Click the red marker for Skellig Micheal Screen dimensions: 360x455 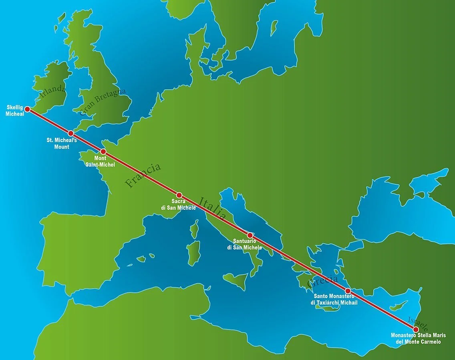(x=27, y=109)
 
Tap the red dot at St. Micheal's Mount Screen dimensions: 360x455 (x=70, y=133)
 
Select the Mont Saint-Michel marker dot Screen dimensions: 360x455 (x=103, y=152)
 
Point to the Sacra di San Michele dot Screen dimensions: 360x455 (x=179, y=195)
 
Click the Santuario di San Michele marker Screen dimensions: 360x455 (x=250, y=235)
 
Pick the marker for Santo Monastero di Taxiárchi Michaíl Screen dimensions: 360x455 (x=348, y=291)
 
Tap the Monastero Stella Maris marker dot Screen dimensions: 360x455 (x=416, y=329)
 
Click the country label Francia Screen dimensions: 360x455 (x=143, y=175)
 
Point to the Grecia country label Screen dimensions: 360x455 (x=323, y=281)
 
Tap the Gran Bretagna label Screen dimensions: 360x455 (x=103, y=102)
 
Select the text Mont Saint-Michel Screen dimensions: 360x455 (x=100, y=162)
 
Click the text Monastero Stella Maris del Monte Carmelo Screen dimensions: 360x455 (x=416, y=339)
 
